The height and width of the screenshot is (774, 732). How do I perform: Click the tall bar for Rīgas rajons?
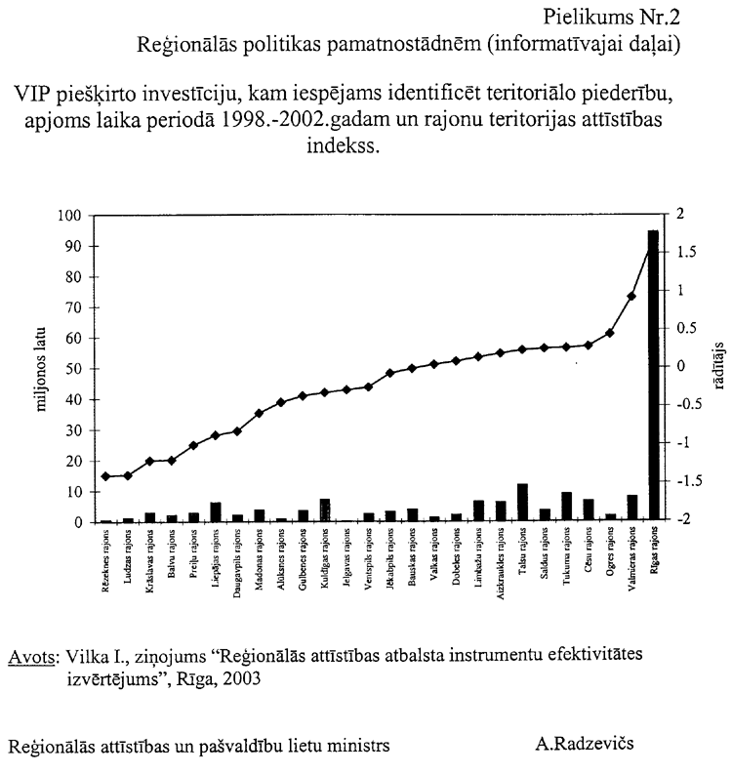[x=653, y=376]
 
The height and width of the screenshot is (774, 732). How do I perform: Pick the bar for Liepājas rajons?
[x=216, y=512]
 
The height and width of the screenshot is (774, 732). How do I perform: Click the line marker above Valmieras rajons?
[x=631, y=296]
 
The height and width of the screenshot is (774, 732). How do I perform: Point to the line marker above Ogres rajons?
[x=609, y=333]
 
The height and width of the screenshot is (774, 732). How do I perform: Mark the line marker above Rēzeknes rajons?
[x=106, y=476]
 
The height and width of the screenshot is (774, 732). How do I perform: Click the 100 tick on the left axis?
[x=76, y=216]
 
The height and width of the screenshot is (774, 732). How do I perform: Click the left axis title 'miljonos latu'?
[x=43, y=369]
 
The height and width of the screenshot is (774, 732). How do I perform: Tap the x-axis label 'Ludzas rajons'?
[x=129, y=556]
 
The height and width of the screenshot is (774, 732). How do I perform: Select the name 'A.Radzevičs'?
[x=585, y=745]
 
